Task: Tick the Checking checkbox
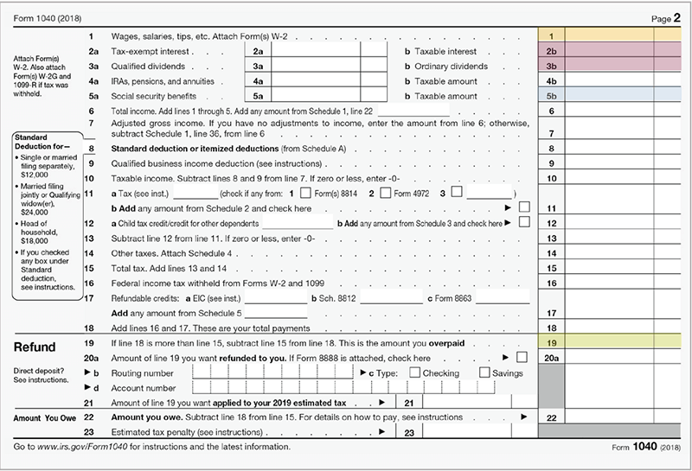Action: tap(415, 372)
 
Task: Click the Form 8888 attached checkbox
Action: tap(522, 357)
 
